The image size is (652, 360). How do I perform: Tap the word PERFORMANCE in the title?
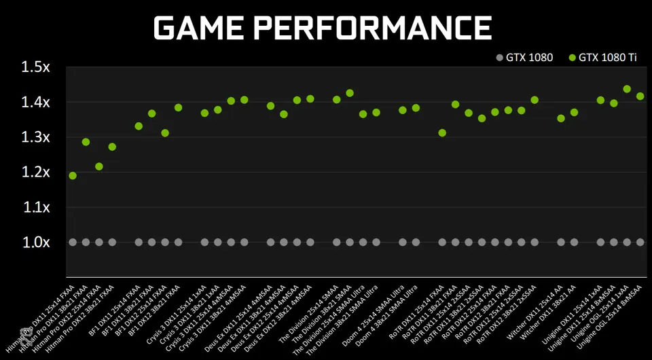click(x=377, y=28)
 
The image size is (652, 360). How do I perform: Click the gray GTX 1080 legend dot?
click(x=500, y=58)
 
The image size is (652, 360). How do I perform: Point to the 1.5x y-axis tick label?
click(x=35, y=67)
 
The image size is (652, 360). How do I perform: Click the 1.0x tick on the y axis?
click(x=35, y=242)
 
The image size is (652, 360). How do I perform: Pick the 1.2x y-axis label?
click(x=35, y=172)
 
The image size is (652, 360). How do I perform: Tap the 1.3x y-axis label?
click(x=35, y=137)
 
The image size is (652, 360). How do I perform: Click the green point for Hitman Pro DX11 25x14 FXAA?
click(x=73, y=176)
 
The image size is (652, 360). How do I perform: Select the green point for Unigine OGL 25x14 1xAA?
click(x=627, y=89)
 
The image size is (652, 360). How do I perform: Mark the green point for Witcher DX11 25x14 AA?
click(x=561, y=118)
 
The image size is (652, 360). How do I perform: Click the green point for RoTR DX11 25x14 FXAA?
click(x=442, y=132)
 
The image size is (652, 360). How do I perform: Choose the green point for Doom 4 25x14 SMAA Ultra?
click(x=402, y=110)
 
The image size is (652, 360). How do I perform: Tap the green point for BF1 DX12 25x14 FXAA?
click(x=165, y=132)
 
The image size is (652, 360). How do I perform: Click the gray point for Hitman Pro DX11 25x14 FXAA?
click(x=73, y=242)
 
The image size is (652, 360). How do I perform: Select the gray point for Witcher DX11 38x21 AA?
click(x=574, y=242)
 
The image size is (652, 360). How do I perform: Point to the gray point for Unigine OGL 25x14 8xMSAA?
click(x=640, y=242)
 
